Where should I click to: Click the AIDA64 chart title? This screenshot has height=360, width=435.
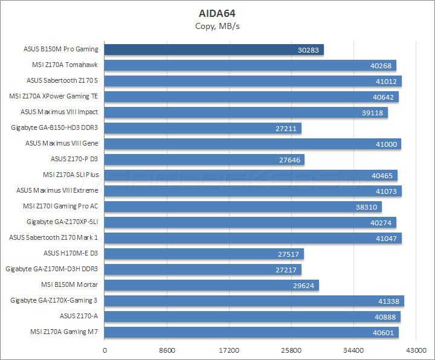217,13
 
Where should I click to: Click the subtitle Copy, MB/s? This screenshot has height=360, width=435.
217,25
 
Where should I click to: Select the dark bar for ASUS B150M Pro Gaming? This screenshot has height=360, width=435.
214,50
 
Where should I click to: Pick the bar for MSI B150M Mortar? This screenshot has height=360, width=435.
211,285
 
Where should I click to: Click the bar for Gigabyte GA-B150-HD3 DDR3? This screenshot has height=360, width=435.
203,128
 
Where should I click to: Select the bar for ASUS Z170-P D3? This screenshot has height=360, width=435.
204,159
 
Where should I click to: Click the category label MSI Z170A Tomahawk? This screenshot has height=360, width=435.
65,65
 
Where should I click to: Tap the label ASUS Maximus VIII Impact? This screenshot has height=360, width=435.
59,112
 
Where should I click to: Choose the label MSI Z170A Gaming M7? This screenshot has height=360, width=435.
64,332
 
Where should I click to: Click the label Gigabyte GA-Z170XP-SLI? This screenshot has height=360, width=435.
62,222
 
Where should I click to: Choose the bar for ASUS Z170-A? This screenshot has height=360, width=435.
253,317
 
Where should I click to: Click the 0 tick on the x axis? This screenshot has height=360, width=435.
105,350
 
